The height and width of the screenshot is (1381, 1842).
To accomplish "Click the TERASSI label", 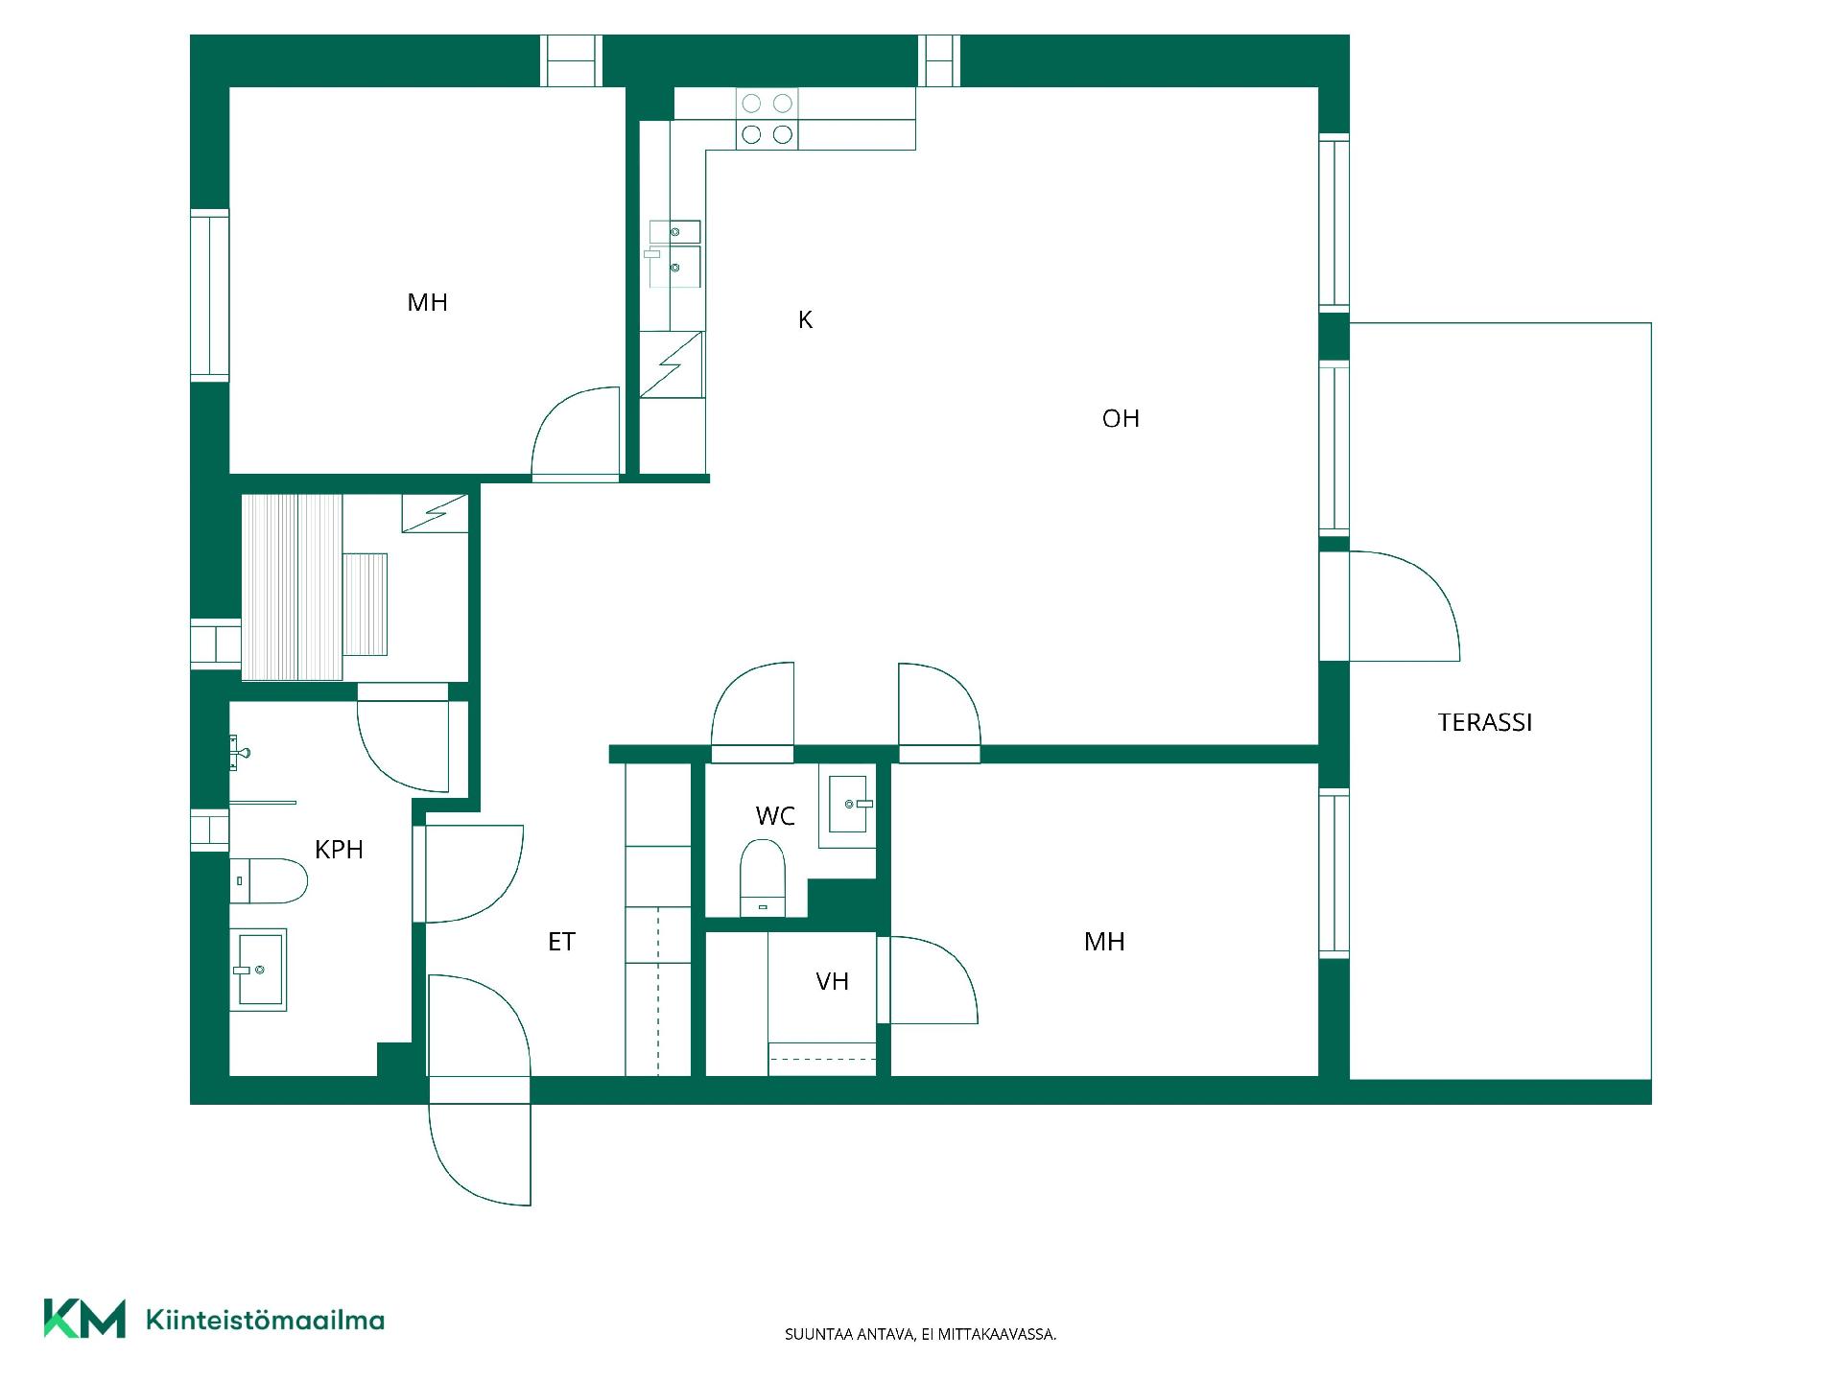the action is pyautogui.click(x=1484, y=722).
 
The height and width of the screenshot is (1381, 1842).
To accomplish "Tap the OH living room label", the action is pyautogui.click(x=1121, y=418).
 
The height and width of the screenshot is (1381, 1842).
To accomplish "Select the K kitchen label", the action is pyautogui.click(x=805, y=319).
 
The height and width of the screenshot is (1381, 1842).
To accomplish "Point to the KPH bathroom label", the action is pyautogui.click(x=339, y=849).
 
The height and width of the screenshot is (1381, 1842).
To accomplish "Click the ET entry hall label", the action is pyautogui.click(x=561, y=942).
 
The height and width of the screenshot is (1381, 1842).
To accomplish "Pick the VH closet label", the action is pyautogui.click(x=832, y=981).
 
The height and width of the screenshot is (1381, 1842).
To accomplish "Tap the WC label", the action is pyautogui.click(x=775, y=816).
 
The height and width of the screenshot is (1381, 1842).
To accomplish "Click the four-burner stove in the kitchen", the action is pyautogui.click(x=767, y=119).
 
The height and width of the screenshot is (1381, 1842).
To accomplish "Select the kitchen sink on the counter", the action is pyautogui.click(x=674, y=254).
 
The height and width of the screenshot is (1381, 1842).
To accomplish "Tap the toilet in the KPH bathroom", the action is pyautogui.click(x=269, y=881).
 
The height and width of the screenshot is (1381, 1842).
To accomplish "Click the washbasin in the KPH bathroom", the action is pyautogui.click(x=258, y=970).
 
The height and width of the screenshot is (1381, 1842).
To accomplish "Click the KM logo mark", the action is pyautogui.click(x=84, y=1319).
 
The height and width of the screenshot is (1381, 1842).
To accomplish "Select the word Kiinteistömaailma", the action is pyautogui.click(x=265, y=1320).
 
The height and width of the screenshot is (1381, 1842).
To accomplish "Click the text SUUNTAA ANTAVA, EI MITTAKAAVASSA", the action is pyautogui.click(x=921, y=1334).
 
